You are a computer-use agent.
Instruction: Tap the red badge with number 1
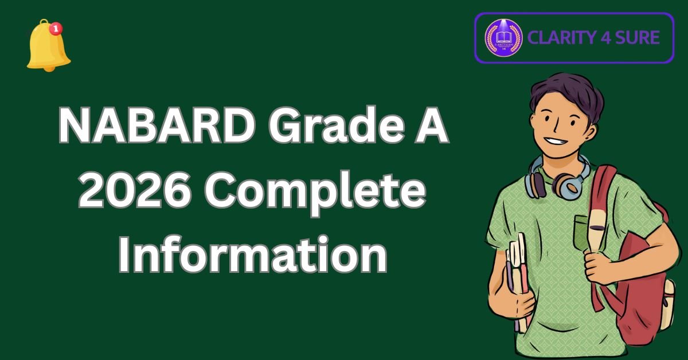pos(56,28)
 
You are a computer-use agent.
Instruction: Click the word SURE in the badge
pos(636,38)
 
